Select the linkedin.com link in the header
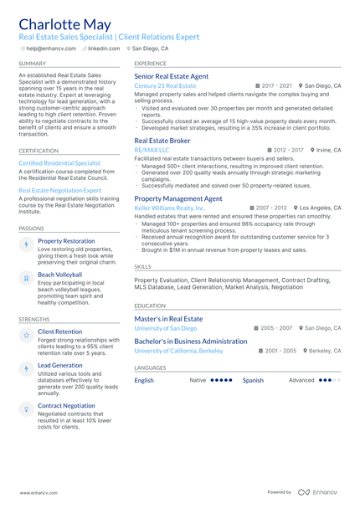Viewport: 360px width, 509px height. [104, 49]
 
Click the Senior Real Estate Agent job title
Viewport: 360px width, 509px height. [172, 76]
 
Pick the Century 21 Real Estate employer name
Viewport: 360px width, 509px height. [165, 86]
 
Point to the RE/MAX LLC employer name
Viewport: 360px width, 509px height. [152, 150]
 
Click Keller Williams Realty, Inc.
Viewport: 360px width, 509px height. [169, 208]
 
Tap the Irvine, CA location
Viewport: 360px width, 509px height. [329, 150]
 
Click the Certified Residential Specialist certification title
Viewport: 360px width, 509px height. [59, 163]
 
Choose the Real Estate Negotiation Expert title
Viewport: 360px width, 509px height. [60, 190]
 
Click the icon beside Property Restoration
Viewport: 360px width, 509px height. [26, 243]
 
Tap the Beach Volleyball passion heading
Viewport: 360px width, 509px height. [60, 275]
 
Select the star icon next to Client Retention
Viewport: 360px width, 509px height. [26, 334]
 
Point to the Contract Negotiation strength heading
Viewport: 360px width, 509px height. [66, 405]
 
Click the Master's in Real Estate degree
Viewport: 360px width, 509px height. [168, 319]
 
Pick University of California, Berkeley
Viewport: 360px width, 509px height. [179, 351]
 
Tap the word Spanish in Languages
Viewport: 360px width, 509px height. [253, 380]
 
